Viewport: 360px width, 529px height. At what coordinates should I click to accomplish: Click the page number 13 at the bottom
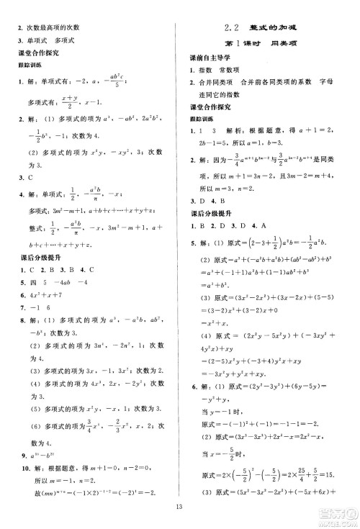[179, 512]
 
